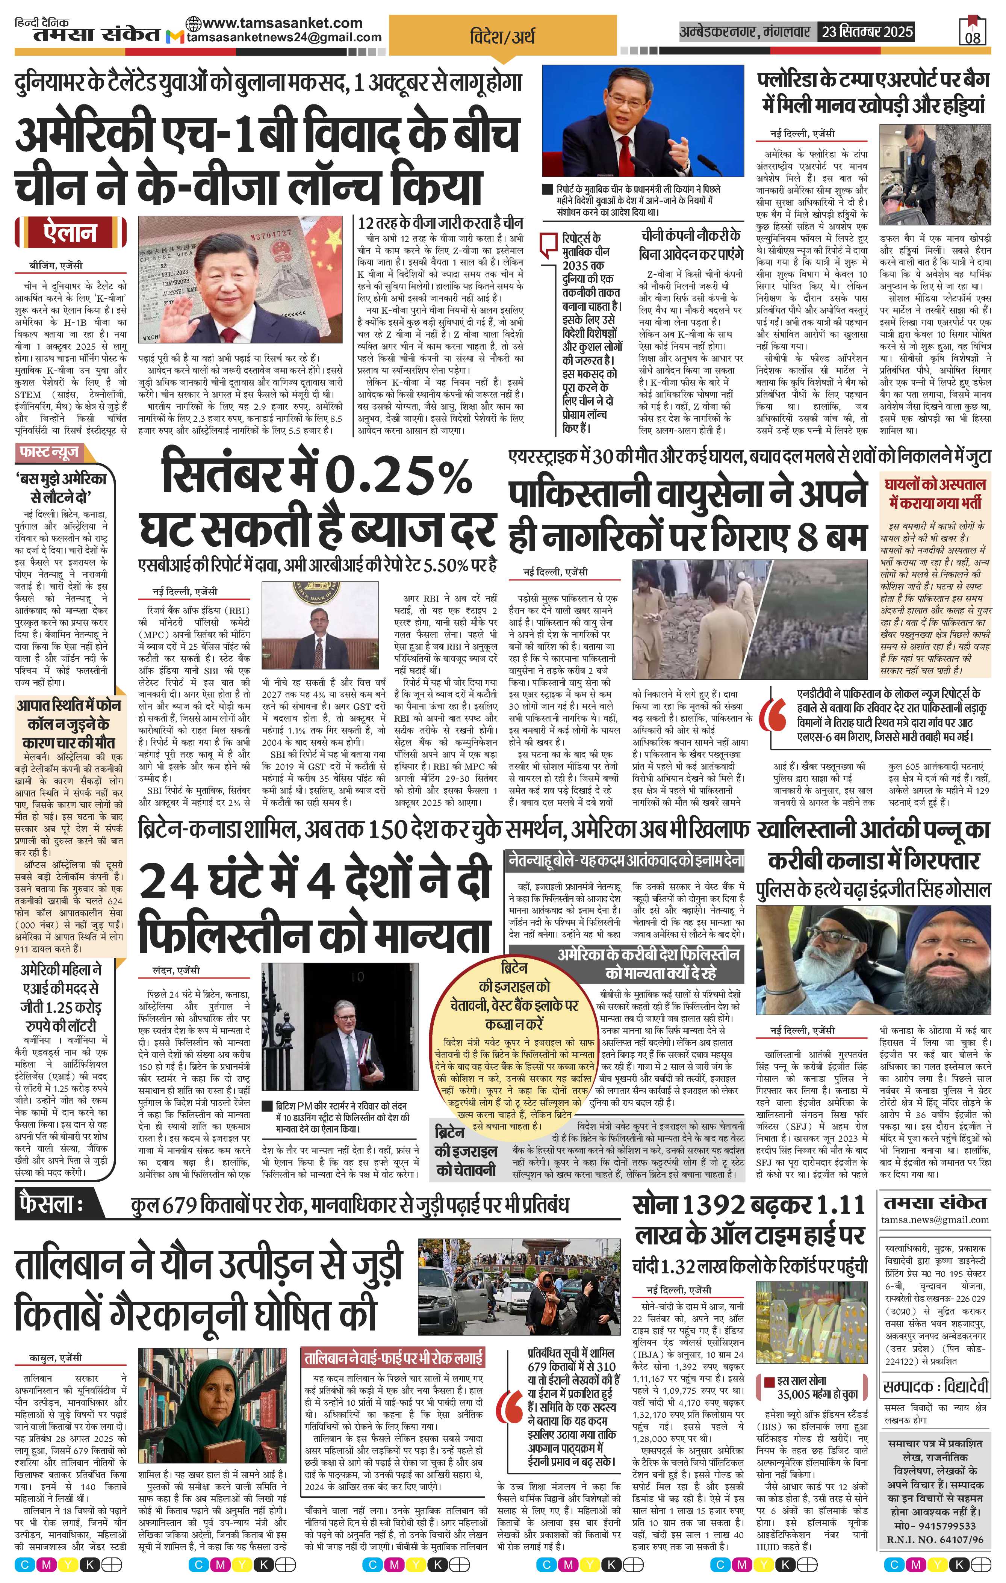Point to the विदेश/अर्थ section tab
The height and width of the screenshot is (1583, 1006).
click(x=502, y=34)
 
